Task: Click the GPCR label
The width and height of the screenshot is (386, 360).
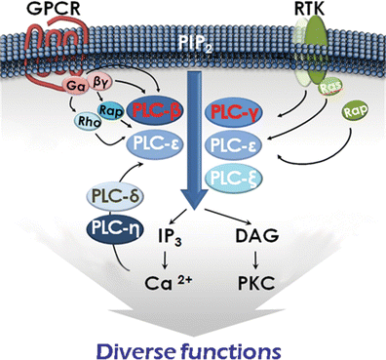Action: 54,9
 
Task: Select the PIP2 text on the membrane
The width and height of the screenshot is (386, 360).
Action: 194,43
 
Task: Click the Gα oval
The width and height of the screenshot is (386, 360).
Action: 75,86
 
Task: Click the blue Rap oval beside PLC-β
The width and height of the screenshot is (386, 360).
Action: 110,110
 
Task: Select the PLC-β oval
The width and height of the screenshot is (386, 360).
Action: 154,111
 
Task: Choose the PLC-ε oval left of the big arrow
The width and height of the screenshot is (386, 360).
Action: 154,144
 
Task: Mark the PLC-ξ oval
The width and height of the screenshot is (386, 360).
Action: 233,178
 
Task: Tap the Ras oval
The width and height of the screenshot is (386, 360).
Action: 330,87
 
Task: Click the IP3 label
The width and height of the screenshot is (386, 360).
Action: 169,236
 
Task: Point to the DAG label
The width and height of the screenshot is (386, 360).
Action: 256,235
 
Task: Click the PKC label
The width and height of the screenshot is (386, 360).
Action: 256,283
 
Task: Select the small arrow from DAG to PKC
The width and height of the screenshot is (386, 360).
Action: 256,260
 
